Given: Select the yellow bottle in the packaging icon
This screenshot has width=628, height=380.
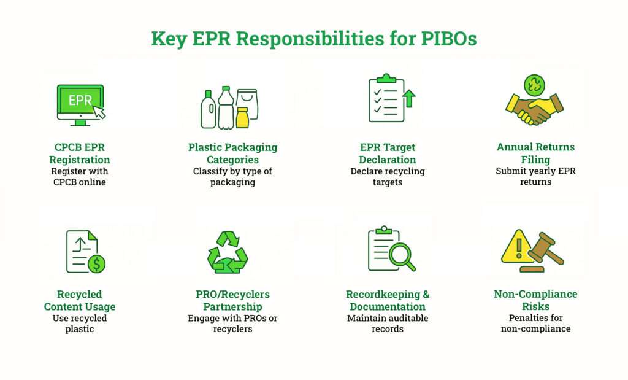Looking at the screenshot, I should coord(242,117).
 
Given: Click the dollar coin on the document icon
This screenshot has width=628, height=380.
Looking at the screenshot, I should coord(96,264).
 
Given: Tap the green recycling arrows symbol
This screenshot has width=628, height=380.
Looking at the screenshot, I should coord(228,252).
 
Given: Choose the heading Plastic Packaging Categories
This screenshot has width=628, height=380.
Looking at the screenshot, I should coord(232,153).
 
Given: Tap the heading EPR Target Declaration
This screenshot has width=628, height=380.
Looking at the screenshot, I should coord(387,153).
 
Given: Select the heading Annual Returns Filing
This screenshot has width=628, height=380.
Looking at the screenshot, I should coord(535,153).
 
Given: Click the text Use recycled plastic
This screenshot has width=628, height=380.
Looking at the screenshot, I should coord(80,324).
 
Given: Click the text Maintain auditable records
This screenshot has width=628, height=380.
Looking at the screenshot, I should coord(387,324).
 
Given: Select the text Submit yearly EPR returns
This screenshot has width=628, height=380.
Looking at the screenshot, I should coord(535,177).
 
